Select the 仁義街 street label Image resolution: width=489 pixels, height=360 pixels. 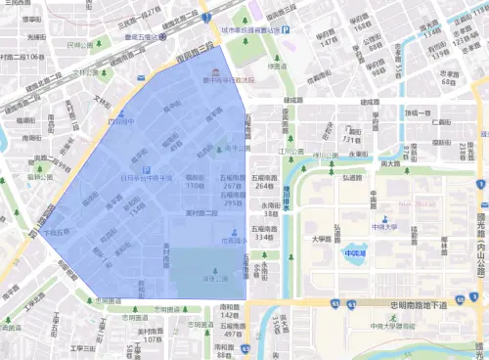[442, 122]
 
